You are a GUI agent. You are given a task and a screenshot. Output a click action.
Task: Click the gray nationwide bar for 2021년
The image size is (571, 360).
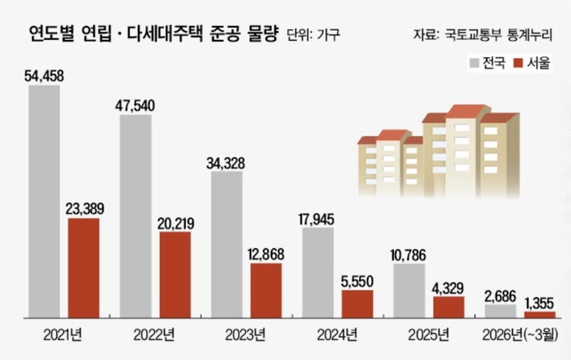click(44, 202)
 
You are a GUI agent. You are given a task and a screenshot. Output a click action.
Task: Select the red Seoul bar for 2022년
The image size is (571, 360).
click(175, 275)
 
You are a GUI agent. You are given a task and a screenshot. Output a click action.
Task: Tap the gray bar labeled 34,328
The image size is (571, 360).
click(227, 245)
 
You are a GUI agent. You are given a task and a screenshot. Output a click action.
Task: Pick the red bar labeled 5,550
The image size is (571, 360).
click(357, 304)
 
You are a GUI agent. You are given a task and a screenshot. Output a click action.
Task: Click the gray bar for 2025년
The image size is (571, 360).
click(409, 291)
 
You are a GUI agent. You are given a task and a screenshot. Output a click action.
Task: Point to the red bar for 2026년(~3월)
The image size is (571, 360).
click(540, 315)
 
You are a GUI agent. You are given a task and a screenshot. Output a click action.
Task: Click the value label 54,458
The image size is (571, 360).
click(44, 76)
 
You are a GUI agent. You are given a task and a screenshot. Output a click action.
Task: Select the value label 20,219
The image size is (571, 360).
click(175, 224)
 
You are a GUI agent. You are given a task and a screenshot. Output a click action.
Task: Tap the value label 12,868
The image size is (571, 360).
click(266, 255)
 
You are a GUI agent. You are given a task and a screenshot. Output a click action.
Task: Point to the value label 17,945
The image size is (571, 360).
click(316, 220)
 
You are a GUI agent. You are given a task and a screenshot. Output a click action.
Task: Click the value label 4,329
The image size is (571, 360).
click(448, 288)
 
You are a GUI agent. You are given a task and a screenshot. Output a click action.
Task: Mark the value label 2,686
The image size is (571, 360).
click(500, 296)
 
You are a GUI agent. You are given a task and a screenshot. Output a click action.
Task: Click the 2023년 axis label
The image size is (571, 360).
click(246, 335)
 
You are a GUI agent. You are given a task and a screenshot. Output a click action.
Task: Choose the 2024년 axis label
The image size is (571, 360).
click(337, 335)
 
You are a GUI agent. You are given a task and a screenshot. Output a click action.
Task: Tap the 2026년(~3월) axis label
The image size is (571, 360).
click(520, 335)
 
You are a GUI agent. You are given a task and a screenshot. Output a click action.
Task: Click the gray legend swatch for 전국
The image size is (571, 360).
click(474, 63)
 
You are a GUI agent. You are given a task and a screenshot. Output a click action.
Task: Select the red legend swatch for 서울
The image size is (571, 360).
click(518, 63)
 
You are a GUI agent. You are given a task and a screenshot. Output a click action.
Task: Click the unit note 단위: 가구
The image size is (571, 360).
click(313, 34)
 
